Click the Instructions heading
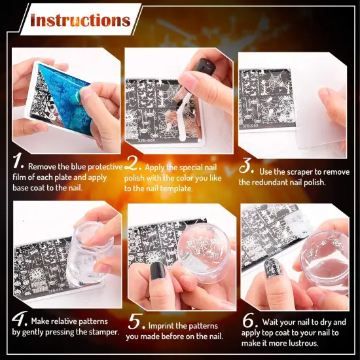point(80,20)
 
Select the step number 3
point(247,164)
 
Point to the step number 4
point(20,320)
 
